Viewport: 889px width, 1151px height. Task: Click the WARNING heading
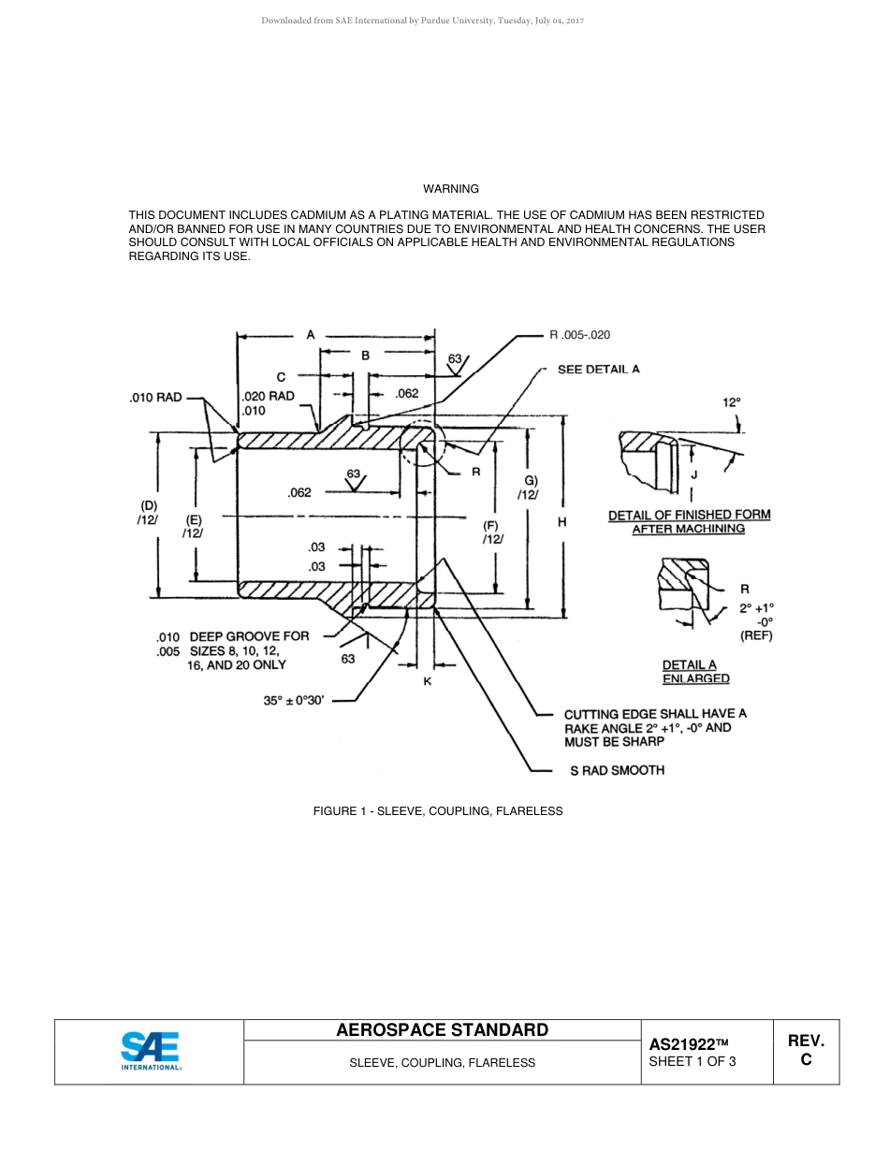(x=451, y=189)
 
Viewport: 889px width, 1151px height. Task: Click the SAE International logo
(x=150, y=1051)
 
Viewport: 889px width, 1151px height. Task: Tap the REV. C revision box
(x=806, y=1050)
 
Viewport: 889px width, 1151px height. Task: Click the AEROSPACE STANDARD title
(x=442, y=1030)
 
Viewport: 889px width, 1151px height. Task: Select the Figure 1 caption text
(x=438, y=811)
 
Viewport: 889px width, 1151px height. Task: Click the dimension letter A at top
(x=310, y=334)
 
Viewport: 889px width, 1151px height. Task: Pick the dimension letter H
(x=561, y=522)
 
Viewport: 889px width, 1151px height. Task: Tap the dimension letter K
(x=427, y=681)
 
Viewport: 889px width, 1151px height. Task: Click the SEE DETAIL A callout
(x=599, y=370)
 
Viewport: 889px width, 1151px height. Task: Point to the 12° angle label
(x=731, y=402)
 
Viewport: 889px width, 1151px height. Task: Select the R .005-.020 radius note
(x=580, y=334)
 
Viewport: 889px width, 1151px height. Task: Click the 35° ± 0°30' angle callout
(x=294, y=699)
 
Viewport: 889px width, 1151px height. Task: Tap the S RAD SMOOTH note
(x=617, y=770)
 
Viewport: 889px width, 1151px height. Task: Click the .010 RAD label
(x=155, y=398)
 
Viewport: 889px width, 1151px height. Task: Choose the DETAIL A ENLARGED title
(x=696, y=672)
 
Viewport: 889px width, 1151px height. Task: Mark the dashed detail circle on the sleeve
(x=418, y=443)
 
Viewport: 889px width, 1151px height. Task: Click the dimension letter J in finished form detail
(x=693, y=474)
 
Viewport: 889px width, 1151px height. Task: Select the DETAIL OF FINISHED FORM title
(x=689, y=521)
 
